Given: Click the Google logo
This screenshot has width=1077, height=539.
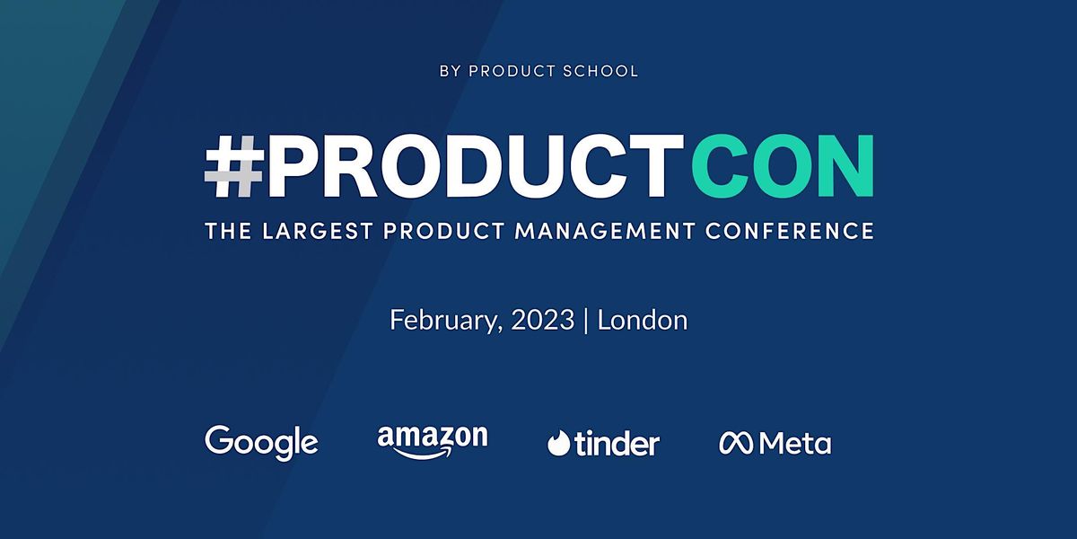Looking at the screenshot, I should (261, 442).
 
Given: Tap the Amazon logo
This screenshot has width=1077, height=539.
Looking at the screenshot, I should (433, 441).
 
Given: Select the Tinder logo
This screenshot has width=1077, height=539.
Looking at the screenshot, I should (603, 443).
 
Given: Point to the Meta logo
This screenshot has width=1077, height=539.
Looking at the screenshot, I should (775, 443).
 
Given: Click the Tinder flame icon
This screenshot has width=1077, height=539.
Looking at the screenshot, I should (560, 443).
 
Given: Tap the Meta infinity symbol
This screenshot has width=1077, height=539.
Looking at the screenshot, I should (736, 443).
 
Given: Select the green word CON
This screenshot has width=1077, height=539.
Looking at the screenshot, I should (783, 168).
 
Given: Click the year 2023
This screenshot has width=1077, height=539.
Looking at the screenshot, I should (541, 320).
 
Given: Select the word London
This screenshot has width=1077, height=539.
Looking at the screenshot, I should (643, 320).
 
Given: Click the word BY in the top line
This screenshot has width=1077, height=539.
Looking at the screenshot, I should (449, 71).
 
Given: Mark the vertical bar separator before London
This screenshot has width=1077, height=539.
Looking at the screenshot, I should (586, 321).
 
